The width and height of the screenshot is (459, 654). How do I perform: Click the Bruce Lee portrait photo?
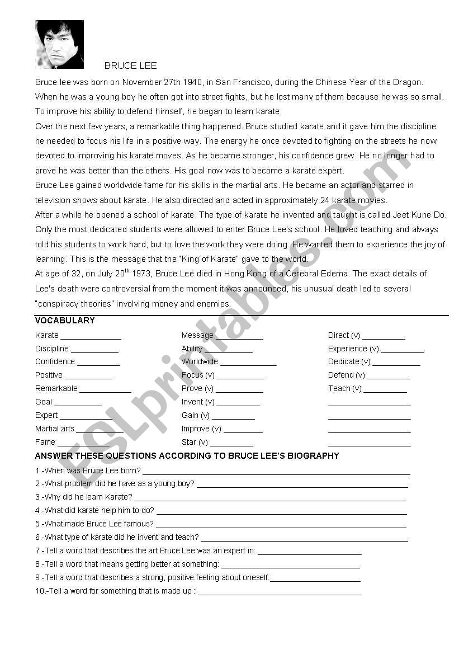click(x=59, y=44)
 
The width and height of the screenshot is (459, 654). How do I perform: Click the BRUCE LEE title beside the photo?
click(x=130, y=66)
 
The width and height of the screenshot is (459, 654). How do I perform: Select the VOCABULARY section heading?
click(x=65, y=321)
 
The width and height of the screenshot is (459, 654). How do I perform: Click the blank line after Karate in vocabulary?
click(x=91, y=337)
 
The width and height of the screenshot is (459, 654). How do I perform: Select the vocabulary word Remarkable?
click(x=56, y=388)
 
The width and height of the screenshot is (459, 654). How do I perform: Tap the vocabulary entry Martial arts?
click(x=55, y=429)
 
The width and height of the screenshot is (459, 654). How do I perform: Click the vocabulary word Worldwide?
click(x=200, y=361)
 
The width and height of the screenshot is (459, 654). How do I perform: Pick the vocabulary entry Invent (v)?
click(x=198, y=402)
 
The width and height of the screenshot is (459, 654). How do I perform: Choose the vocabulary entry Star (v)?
click(x=195, y=442)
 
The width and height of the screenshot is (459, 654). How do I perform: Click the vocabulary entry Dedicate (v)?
click(x=349, y=361)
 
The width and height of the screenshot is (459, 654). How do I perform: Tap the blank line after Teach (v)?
click(x=385, y=390)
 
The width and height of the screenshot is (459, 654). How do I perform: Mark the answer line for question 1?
click(x=276, y=473)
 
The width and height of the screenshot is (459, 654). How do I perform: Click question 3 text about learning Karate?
click(x=84, y=497)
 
